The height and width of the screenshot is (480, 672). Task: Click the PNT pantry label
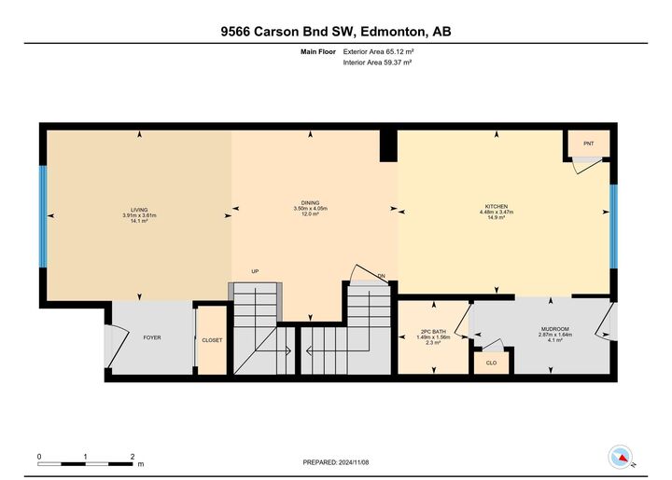tap(588, 144)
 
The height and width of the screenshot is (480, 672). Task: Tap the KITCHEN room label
tap(497, 207)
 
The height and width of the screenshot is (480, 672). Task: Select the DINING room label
tap(310, 203)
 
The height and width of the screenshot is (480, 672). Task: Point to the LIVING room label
tap(139, 210)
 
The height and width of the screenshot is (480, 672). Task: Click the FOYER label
tap(152, 338)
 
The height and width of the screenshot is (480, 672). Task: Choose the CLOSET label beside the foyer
tap(212, 340)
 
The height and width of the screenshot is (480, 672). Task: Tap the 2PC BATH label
tap(433, 332)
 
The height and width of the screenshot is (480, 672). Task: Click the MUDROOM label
tap(555, 329)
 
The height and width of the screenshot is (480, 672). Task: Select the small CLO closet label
tap(491, 363)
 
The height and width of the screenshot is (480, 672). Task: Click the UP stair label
tap(255, 271)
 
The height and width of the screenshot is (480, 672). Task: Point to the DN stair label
tap(382, 276)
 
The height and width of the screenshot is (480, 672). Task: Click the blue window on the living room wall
tap(43, 216)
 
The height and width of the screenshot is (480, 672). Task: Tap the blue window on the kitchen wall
tap(614, 226)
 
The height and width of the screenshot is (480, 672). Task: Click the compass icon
tap(620, 458)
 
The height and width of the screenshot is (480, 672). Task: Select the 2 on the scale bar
tap(133, 457)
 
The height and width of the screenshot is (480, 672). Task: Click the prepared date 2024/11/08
tap(354, 462)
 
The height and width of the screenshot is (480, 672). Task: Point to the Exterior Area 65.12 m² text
tap(378, 52)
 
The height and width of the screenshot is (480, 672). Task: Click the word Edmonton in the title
tap(394, 32)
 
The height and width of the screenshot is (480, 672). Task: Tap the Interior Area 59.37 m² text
tap(377, 62)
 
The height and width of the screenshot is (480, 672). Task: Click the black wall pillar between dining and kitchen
tap(388, 146)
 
